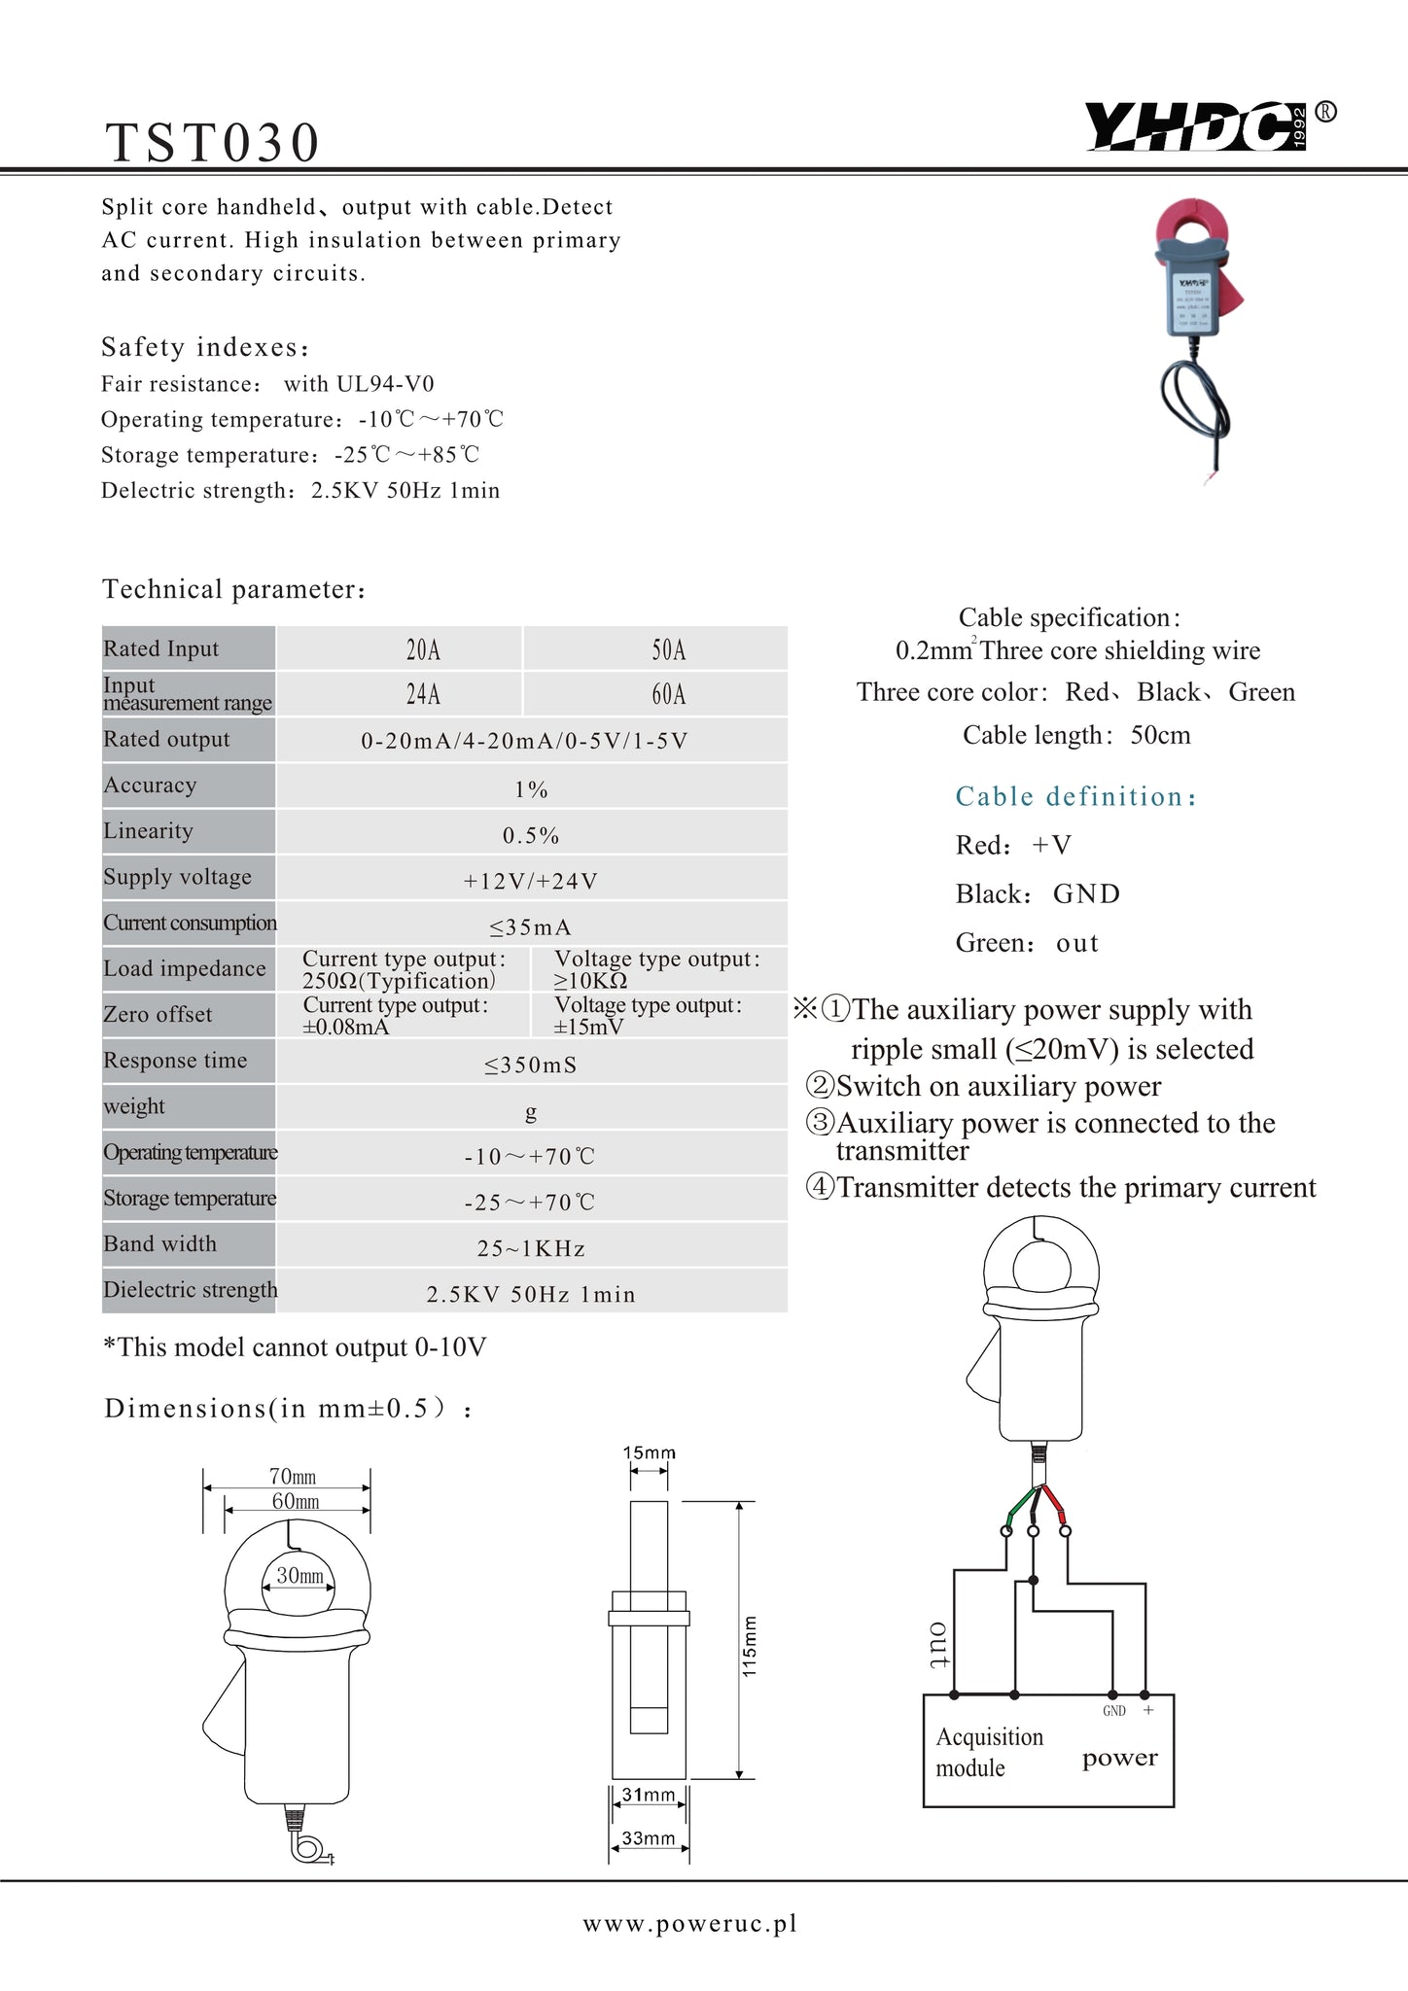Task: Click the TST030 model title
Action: pos(213,143)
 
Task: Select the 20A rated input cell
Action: pos(423,649)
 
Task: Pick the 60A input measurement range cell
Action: pos(668,694)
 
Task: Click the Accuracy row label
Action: pos(151,786)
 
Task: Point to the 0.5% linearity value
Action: pos(531,836)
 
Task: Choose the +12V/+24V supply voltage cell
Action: pos(531,882)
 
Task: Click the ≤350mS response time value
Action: pos(531,1065)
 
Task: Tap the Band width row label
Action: pos(160,1244)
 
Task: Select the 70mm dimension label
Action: pos(293,1477)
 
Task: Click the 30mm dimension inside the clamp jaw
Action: pos(299,1576)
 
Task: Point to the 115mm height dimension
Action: pos(750,1645)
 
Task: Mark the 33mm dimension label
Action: pos(649,1838)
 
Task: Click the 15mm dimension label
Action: pos(650,1453)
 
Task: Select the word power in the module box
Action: pos(1120,1758)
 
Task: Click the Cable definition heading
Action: pos(1075,797)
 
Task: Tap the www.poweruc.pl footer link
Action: pos(690,1923)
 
